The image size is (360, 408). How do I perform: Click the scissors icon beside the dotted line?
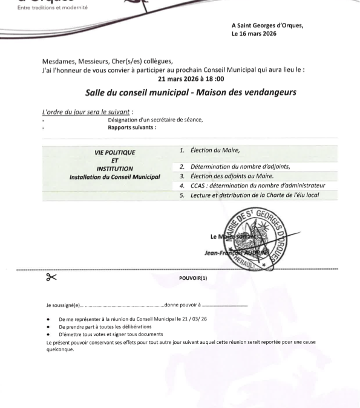51,277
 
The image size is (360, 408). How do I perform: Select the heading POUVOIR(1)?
193,278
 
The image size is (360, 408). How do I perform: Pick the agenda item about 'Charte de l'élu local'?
254,195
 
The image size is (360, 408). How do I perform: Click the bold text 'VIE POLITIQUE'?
115,153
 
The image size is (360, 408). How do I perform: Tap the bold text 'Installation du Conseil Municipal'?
115,176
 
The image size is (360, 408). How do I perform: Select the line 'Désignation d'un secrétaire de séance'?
155,120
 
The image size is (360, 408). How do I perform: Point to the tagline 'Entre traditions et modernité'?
53,8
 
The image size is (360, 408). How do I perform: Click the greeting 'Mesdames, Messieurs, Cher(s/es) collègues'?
107,62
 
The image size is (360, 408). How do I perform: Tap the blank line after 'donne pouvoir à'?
225,305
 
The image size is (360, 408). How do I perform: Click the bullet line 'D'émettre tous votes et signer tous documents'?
102,334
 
